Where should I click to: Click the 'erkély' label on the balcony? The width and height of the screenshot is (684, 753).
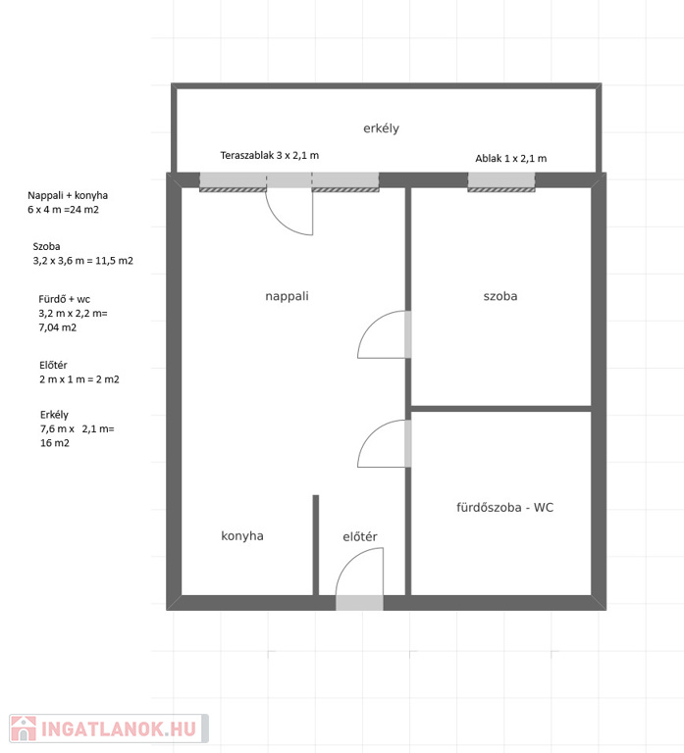pyautogui.click(x=381, y=128)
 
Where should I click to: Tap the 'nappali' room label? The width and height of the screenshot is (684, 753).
pyautogui.click(x=287, y=296)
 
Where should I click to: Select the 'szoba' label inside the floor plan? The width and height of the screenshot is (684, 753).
pyautogui.click(x=500, y=296)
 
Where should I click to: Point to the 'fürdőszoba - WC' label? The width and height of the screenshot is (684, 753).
pyautogui.click(x=504, y=507)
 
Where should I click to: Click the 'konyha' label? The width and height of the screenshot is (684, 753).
pyautogui.click(x=242, y=536)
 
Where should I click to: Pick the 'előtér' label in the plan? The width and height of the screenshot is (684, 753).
pyautogui.click(x=360, y=536)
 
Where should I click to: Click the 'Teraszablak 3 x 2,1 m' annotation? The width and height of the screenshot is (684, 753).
pyautogui.click(x=270, y=155)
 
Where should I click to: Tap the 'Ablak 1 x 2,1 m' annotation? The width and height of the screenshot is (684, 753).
pyautogui.click(x=511, y=158)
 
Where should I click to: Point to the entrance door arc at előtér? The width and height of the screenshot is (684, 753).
pyautogui.click(x=348, y=561)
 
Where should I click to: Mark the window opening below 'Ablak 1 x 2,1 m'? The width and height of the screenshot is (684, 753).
pyautogui.click(x=501, y=182)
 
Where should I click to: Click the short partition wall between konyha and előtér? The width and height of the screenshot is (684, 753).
pyautogui.click(x=316, y=545)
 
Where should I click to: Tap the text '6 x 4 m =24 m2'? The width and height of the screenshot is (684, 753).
pyautogui.click(x=63, y=210)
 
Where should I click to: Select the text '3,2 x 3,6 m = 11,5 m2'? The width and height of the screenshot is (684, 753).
pyautogui.click(x=82, y=261)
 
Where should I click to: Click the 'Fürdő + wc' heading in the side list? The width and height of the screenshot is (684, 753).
pyautogui.click(x=65, y=299)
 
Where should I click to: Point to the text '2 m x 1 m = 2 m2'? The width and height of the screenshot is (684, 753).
pyautogui.click(x=79, y=379)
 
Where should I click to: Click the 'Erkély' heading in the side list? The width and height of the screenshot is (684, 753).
pyautogui.click(x=54, y=415)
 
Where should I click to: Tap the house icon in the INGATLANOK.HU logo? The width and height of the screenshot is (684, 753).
pyautogui.click(x=24, y=729)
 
